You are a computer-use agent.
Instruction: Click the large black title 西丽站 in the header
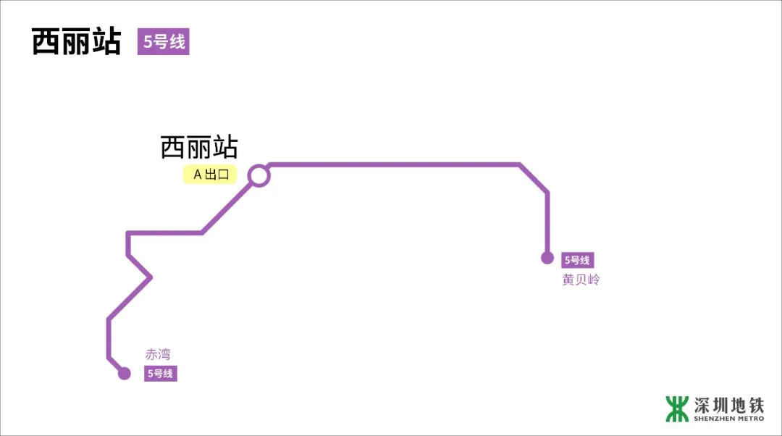pyautogui.click(x=76, y=42)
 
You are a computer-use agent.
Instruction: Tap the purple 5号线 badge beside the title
pyautogui.click(x=164, y=42)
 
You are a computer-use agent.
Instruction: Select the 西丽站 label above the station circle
pyautogui.click(x=199, y=148)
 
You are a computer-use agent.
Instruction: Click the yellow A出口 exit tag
pyautogui.click(x=210, y=175)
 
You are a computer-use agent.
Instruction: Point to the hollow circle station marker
pyautogui.click(x=258, y=175)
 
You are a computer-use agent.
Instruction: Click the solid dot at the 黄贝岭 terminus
pyautogui.click(x=547, y=258)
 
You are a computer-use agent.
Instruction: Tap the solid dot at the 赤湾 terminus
pyautogui.click(x=125, y=374)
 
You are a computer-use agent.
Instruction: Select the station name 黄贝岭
pyautogui.click(x=581, y=280)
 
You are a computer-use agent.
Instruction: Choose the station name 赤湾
pyautogui.click(x=158, y=355)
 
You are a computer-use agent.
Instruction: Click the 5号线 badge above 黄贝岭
pyautogui.click(x=577, y=261)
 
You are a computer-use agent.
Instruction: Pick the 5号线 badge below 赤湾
pyautogui.click(x=160, y=374)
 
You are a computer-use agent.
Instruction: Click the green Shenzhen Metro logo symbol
pyautogui.click(x=677, y=408)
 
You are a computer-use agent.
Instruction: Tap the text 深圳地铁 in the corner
pyautogui.click(x=728, y=404)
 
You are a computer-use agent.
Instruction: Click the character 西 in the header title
pyautogui.click(x=46, y=42)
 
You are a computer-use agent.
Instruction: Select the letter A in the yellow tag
pyautogui.click(x=197, y=175)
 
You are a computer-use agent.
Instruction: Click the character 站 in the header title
pyautogui.click(x=106, y=42)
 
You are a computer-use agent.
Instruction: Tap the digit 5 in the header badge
pyautogui.click(x=147, y=42)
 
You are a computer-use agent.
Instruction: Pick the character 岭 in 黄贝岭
pyautogui.click(x=594, y=280)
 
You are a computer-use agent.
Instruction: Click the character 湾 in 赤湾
pyautogui.click(x=164, y=355)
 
